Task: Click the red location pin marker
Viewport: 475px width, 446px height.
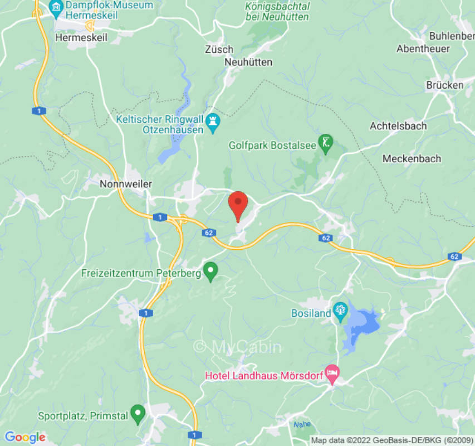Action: (238, 205)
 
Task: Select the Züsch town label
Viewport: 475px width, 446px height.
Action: (219, 50)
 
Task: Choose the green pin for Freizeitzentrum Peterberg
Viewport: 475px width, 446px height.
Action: (210, 272)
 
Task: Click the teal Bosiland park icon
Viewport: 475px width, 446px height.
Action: (340, 311)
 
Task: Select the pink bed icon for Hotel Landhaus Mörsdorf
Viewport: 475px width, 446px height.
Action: (332, 374)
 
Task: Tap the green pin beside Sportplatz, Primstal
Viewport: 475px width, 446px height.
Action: (138, 414)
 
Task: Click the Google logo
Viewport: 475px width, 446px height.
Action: (25, 437)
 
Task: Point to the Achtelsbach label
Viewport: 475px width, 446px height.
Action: (398, 126)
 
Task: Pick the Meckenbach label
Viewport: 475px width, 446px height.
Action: (412, 159)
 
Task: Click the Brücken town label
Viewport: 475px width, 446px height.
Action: (444, 85)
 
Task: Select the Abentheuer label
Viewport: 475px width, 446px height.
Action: (423, 49)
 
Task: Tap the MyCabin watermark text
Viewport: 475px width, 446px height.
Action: (238, 347)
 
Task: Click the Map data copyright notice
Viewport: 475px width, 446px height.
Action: (392, 440)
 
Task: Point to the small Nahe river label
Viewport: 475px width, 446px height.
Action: (301, 425)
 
